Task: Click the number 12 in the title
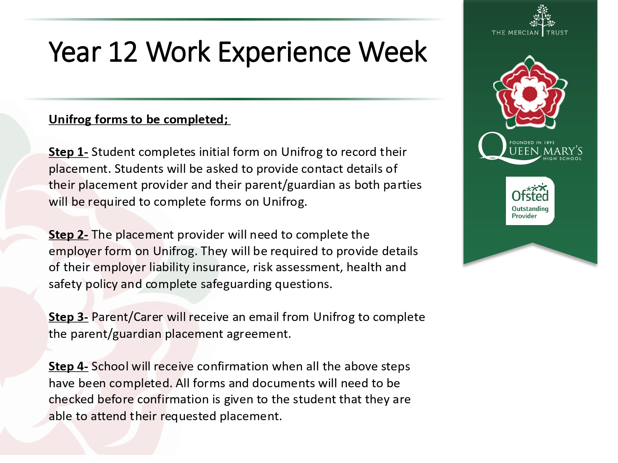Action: (x=123, y=52)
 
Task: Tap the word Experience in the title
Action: (x=284, y=54)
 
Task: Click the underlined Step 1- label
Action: (x=68, y=152)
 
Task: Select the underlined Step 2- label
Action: (x=68, y=235)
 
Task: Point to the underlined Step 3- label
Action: (x=68, y=317)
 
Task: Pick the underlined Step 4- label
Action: (x=68, y=367)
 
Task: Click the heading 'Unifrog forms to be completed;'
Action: (x=139, y=120)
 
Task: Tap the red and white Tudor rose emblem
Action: (x=530, y=92)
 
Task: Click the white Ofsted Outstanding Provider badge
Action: (x=530, y=201)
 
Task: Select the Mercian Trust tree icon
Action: (x=542, y=16)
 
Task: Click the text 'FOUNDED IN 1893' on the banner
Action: (x=532, y=142)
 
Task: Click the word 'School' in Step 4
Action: (x=110, y=367)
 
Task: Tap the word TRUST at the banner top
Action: (x=557, y=33)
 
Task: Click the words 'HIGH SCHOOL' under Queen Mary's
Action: (x=562, y=158)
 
